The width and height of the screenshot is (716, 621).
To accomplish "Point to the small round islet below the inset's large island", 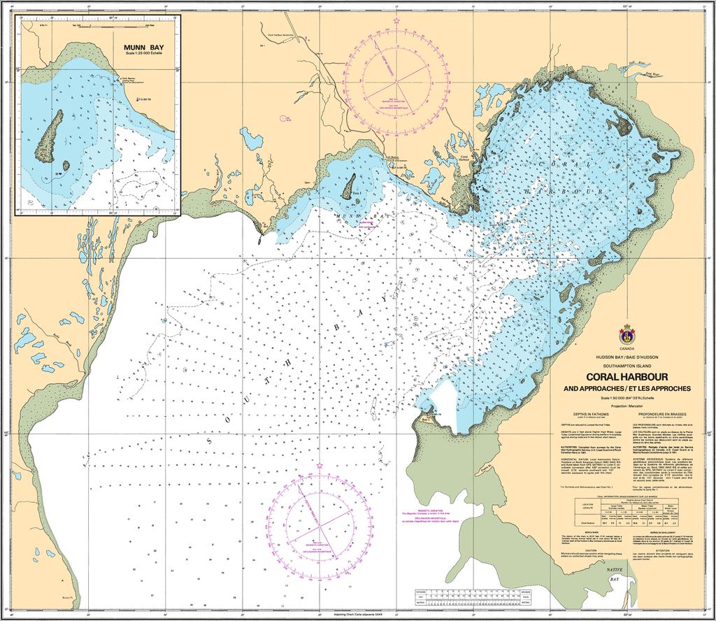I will click(66, 166).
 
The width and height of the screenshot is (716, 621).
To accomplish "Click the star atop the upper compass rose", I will click(397, 20).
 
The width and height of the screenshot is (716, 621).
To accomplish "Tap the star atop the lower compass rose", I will click(319, 464).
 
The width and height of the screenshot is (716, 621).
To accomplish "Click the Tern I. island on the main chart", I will click(348, 186).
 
